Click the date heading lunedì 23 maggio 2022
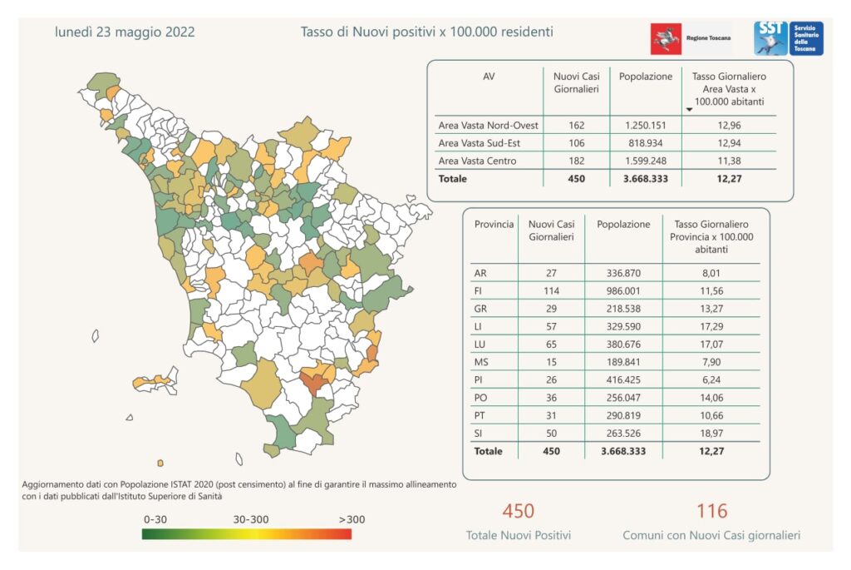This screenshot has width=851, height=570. pos(125,32)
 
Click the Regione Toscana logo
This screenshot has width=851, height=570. pos(690,38)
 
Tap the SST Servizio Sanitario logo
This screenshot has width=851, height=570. pos(788,38)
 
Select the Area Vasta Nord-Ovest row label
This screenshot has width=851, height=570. pos(488,126)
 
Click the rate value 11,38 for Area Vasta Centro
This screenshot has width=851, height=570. pos(729,161)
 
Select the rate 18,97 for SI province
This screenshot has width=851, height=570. pos(711,433)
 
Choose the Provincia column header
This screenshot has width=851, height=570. pos(494,225)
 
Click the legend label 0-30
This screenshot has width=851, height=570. pos(156,518)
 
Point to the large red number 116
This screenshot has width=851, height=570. pos(711,510)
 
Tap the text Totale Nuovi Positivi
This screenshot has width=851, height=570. pos(519,535)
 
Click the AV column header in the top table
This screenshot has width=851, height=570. pos(489,77)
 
